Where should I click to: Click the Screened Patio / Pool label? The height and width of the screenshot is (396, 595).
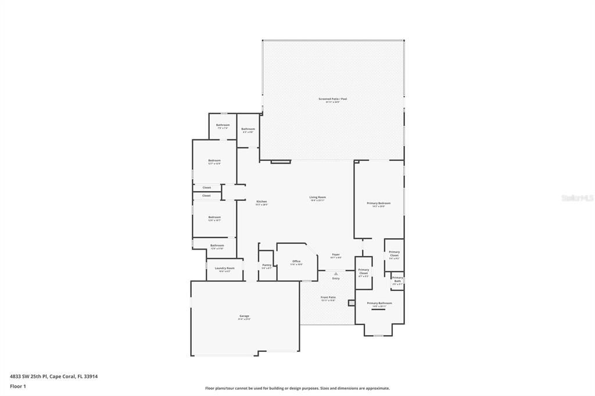(332, 99)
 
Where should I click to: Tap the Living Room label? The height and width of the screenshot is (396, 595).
(317, 197)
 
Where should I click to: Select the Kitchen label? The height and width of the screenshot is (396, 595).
(261, 201)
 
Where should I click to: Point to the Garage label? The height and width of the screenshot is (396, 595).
(243, 316)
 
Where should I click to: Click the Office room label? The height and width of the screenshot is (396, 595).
(296, 261)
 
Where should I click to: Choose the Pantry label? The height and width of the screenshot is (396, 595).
(266, 265)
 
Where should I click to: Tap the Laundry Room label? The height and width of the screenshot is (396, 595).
(224, 268)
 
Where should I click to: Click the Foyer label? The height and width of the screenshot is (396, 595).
(336, 254)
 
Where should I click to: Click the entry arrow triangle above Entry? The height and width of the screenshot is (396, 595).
(336, 273)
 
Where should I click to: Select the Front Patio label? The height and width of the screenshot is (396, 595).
(328, 297)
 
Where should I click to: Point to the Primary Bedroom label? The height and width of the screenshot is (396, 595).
(378, 203)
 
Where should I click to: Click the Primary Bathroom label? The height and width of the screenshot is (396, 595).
(379, 303)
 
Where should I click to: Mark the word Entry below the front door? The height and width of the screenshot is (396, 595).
(336, 279)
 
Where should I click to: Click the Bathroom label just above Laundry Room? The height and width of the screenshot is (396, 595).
(217, 245)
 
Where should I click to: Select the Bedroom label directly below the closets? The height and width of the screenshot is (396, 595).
(214, 217)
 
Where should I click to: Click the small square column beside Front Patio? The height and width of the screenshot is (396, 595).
(351, 303)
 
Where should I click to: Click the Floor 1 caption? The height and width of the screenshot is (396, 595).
(18, 386)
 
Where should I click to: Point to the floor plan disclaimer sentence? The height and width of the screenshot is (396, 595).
(297, 388)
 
